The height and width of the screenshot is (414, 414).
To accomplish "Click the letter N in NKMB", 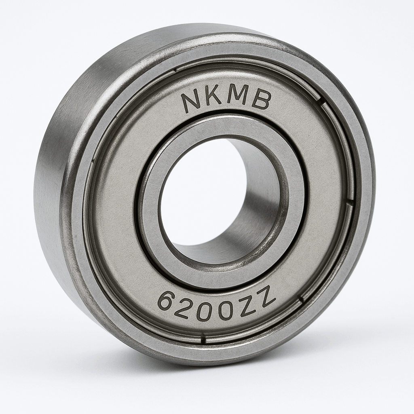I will click(190, 103).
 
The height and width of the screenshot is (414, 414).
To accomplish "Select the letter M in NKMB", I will click(236, 97).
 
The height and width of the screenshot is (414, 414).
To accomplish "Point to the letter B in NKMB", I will click(261, 100).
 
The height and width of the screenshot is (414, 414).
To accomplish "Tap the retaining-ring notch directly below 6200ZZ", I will click(202, 339).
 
